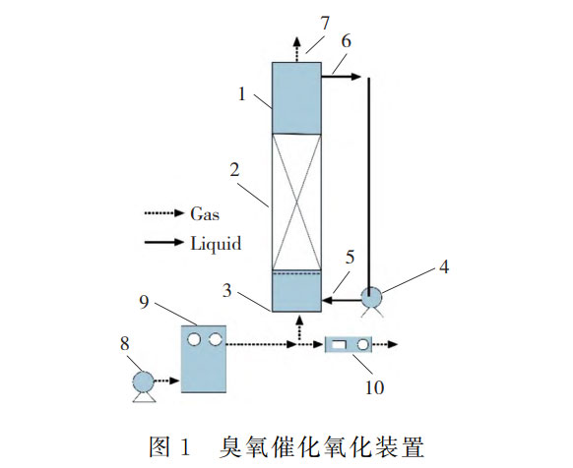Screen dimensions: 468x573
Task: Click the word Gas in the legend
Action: [204, 212]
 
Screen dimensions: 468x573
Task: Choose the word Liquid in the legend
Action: [214, 242]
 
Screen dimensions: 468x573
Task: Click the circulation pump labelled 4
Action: [372, 297]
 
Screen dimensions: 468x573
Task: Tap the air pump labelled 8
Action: [142, 381]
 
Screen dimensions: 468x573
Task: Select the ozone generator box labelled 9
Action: [202, 358]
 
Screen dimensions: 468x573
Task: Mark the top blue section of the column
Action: [296, 97]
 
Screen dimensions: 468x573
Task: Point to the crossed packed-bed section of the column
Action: [296, 201]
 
